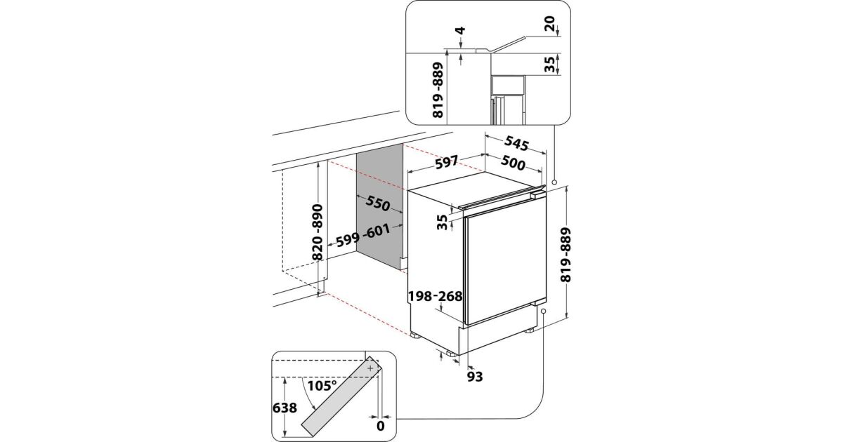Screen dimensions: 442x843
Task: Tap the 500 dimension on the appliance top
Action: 514,165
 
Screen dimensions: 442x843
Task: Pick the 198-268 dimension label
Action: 436,296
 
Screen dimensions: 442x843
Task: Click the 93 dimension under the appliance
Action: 475,377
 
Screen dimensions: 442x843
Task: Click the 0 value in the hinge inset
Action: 381,424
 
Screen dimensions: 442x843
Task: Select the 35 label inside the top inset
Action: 549,65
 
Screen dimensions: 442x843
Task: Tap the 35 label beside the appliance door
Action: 441,222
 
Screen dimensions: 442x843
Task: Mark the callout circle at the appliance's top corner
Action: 554,182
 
